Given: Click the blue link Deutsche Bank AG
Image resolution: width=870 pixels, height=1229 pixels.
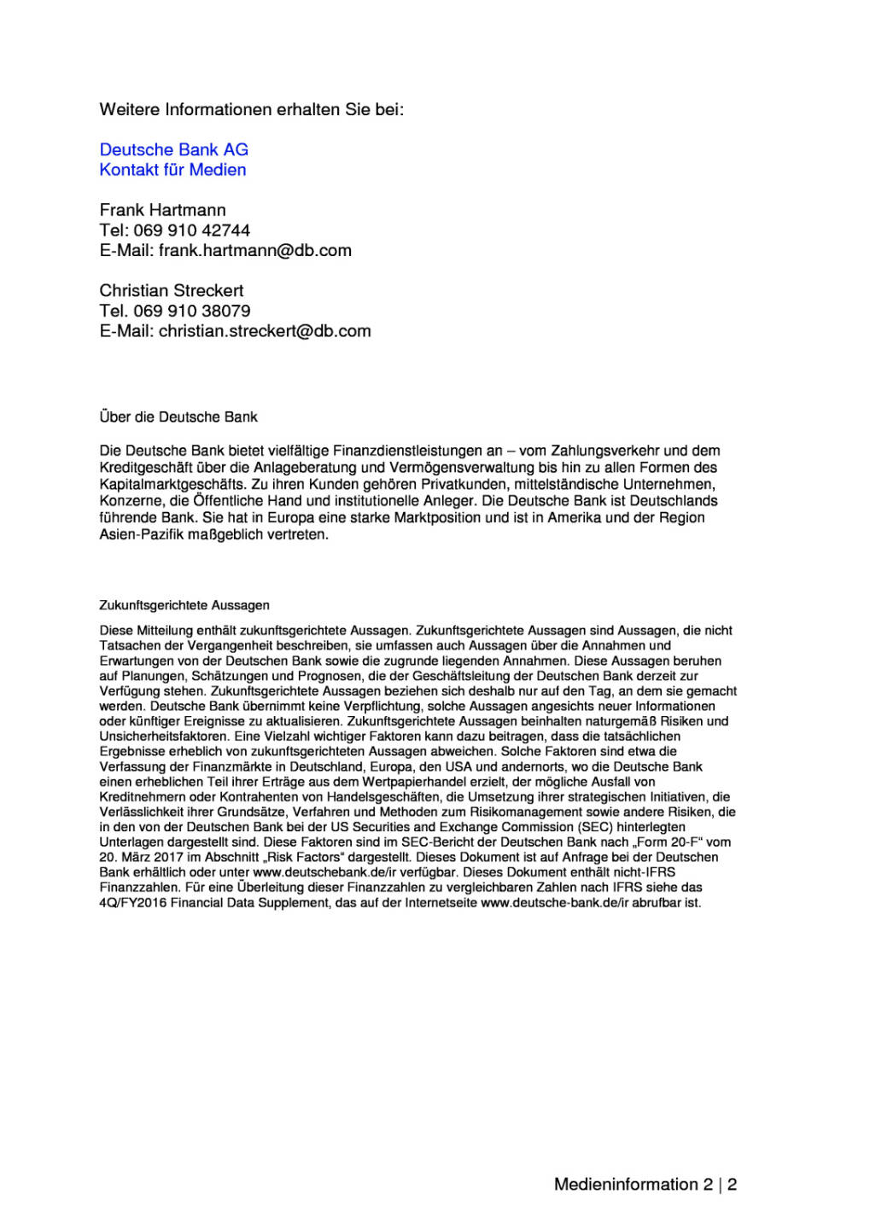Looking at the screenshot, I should click(x=173, y=149).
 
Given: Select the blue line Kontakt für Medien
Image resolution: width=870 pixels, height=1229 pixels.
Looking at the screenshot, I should click(x=172, y=170).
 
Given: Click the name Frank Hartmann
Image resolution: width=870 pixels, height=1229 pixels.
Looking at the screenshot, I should click(x=162, y=210).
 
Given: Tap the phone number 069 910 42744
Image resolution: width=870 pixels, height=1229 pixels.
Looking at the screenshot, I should click(x=191, y=230).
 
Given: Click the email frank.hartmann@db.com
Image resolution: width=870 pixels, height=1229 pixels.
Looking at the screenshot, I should click(x=254, y=251).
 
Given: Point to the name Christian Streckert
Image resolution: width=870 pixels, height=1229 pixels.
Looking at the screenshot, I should click(x=171, y=291).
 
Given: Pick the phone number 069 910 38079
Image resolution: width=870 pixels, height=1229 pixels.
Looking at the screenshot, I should click(x=191, y=311).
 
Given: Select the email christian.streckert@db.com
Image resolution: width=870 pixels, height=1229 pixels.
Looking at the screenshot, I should click(x=265, y=331).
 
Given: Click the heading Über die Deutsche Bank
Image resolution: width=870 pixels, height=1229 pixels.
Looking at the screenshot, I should click(x=178, y=417).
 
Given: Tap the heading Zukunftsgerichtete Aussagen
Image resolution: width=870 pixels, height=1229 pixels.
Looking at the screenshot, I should click(x=184, y=605).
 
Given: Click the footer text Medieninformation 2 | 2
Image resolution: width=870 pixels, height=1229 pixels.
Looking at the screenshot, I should click(x=645, y=1185).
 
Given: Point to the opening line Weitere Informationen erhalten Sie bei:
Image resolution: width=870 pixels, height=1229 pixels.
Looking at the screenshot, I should click(x=251, y=109).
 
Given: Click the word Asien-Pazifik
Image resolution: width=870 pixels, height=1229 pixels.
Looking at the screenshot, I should click(x=140, y=535).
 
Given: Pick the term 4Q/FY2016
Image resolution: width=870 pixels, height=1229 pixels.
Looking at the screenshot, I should click(x=132, y=903).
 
